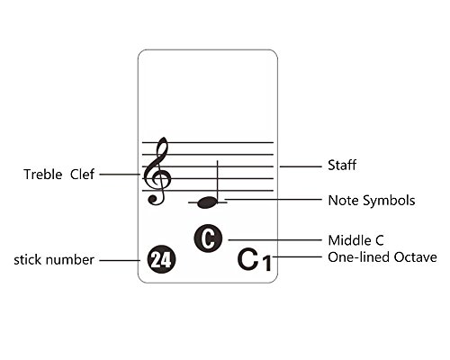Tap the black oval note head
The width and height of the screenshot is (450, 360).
(x=207, y=202)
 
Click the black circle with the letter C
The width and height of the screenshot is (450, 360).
(x=208, y=238)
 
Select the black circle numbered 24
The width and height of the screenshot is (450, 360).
(x=162, y=259)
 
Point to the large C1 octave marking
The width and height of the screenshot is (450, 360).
(x=255, y=260)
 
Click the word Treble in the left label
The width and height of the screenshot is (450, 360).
(x=43, y=175)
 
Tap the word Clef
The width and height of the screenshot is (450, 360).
(x=82, y=175)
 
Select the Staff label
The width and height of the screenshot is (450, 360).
(x=342, y=165)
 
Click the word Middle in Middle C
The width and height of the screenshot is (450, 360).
(x=346, y=240)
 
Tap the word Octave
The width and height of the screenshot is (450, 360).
(x=416, y=257)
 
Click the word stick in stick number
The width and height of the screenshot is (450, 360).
(x=25, y=260)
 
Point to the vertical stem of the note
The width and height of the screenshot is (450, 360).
(x=218, y=181)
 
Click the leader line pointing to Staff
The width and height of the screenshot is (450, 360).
(x=301, y=166)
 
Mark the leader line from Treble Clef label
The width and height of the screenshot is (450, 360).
(x=120, y=174)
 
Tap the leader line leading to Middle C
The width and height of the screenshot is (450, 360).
(x=274, y=240)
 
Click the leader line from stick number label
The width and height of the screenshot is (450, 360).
(x=120, y=260)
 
